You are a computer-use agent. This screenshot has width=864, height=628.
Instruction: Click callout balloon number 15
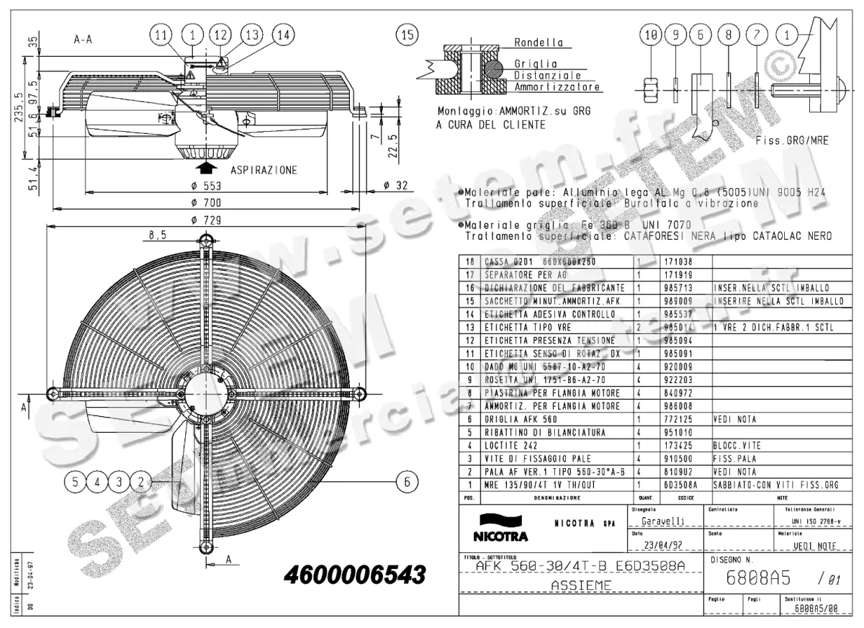point(408,34)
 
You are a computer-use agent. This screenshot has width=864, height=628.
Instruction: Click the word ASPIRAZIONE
point(264,170)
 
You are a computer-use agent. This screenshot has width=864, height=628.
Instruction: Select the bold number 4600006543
point(355,575)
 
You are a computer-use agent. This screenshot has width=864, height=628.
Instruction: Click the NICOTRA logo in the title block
point(500,529)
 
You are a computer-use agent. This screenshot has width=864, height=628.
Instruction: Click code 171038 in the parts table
point(677,261)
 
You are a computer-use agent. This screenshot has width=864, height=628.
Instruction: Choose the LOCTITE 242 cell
point(513,445)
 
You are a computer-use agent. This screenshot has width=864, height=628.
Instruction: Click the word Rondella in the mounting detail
point(539,42)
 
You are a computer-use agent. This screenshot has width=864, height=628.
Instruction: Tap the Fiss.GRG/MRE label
point(792,140)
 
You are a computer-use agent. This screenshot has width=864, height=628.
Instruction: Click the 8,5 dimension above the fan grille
point(158,235)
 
